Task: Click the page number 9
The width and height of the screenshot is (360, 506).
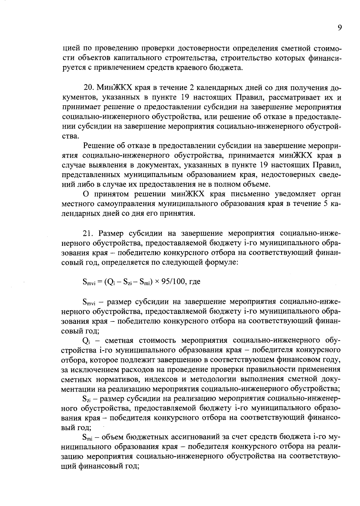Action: [x=339, y=28]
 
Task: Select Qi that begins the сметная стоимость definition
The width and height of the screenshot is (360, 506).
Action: [x=86, y=341]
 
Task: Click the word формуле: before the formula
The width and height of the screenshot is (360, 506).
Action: [x=221, y=262]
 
